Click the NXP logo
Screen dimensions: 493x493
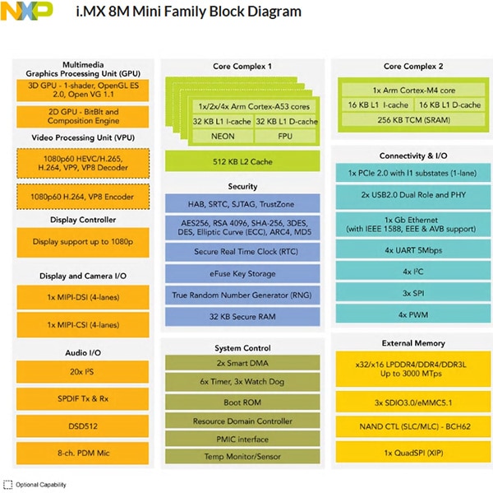[27, 12]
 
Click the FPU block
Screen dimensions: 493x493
[284, 135]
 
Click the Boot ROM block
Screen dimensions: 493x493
[243, 402]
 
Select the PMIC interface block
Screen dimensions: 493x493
[243, 439]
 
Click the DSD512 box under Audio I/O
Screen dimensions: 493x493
[81, 426]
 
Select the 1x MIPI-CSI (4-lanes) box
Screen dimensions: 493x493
[81, 323]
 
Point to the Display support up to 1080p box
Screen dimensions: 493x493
[81, 242]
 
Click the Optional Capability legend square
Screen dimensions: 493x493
[8, 483]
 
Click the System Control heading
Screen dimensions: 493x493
[243, 348]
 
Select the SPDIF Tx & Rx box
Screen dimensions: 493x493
[81, 398]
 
